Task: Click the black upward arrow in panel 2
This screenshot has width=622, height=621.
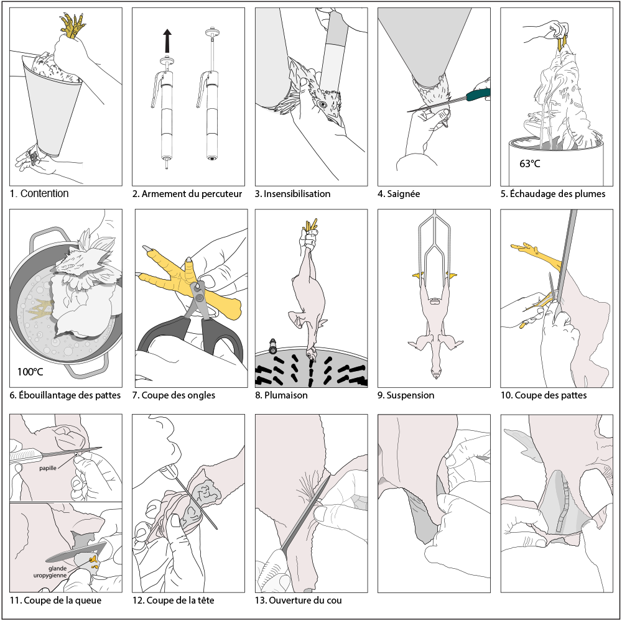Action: [x=167, y=41]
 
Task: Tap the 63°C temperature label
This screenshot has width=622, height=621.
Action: [x=530, y=163]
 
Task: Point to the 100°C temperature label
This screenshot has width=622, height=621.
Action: [x=30, y=372]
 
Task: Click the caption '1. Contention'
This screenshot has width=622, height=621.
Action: [x=39, y=193]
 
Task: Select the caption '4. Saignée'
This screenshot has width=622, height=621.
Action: [x=399, y=194]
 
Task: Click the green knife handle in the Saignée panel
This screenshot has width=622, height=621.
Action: [x=478, y=94]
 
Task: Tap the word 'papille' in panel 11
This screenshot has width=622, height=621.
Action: [x=48, y=468]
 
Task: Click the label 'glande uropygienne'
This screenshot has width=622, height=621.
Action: [x=50, y=572]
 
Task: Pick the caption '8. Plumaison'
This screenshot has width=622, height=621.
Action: [x=281, y=395]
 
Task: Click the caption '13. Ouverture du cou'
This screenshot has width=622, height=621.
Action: [x=299, y=600]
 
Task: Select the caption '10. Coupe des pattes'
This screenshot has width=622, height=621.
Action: [x=544, y=395]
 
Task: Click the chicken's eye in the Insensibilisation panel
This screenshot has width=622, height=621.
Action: [x=322, y=104]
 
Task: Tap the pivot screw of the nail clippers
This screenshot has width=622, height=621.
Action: [x=199, y=297]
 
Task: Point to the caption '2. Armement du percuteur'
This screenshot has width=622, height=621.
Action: [x=187, y=194]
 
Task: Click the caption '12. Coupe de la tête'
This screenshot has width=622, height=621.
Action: [x=174, y=600]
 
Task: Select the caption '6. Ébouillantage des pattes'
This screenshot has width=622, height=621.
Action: [x=65, y=395]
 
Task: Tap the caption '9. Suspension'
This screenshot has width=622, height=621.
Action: [x=406, y=395]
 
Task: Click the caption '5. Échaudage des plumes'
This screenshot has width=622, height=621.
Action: [x=553, y=194]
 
